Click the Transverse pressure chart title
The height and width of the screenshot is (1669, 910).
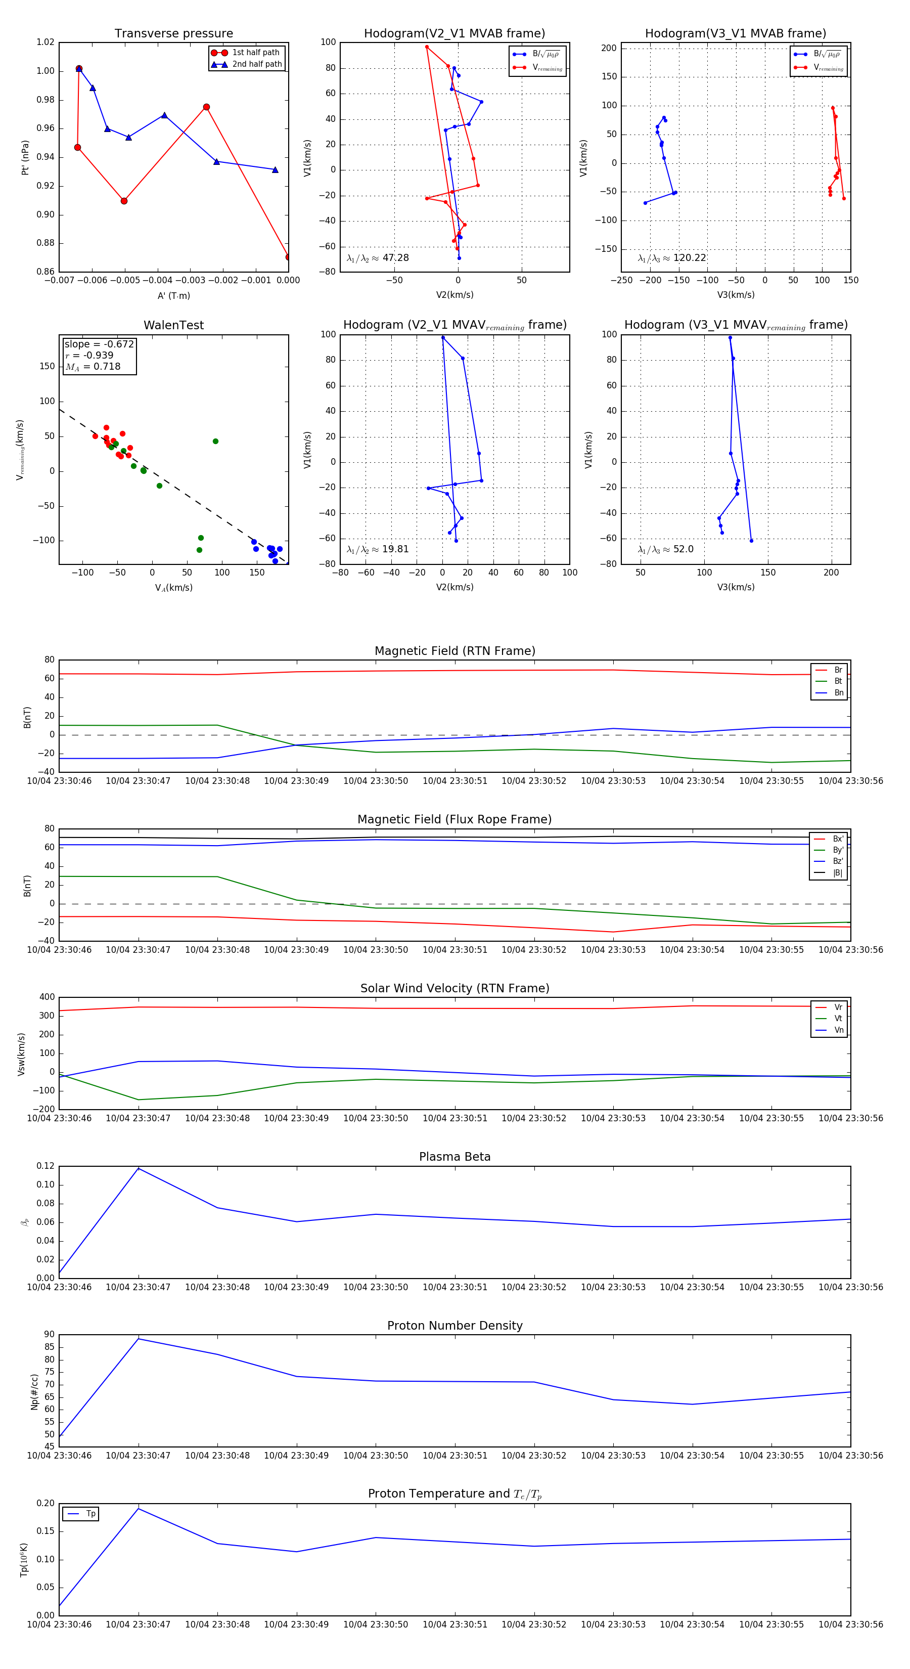(173, 34)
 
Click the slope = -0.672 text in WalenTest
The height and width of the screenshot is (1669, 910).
(99, 344)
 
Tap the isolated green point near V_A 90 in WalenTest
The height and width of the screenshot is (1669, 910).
(216, 441)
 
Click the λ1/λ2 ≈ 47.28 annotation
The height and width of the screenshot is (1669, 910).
(378, 258)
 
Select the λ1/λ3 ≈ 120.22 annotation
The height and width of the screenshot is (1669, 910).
(672, 258)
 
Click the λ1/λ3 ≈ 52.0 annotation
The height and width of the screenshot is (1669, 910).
(665, 549)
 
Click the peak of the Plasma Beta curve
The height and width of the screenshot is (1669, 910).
(139, 1168)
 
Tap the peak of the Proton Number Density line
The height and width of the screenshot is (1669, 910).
(139, 1339)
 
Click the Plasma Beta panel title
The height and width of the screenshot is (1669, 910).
(454, 1157)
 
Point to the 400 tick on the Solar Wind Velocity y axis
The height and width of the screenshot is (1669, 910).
(47, 997)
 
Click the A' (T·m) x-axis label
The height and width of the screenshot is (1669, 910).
(173, 295)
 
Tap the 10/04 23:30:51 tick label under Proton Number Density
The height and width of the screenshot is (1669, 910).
(454, 1455)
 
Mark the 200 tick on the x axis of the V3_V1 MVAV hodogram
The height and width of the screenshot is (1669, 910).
(831, 572)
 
